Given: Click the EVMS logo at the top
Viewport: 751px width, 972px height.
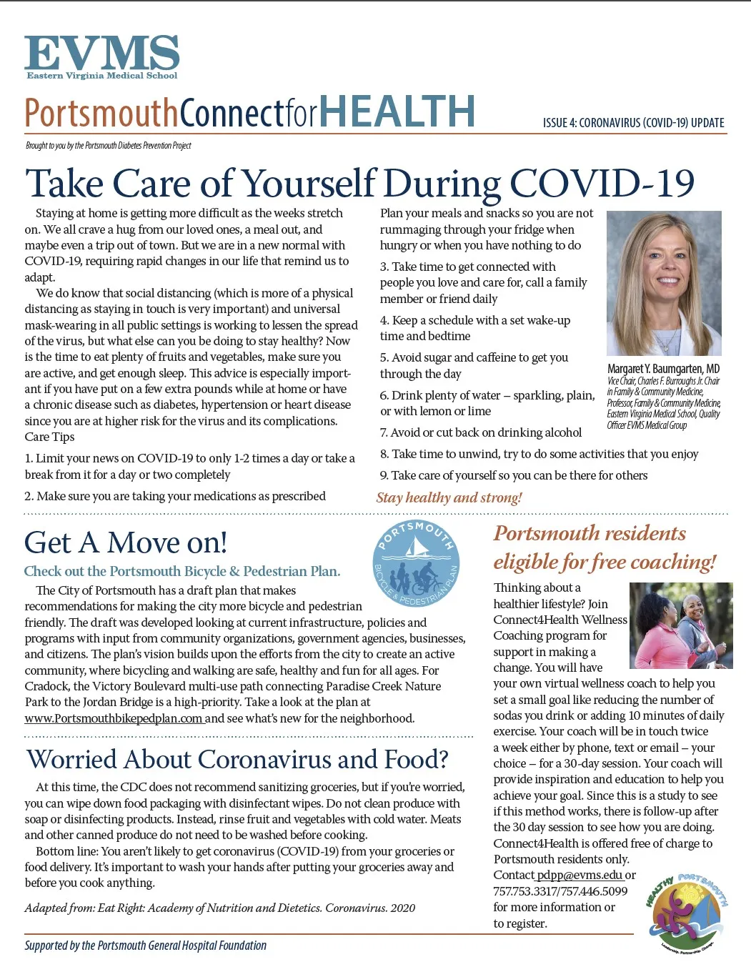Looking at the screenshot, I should point(101,56).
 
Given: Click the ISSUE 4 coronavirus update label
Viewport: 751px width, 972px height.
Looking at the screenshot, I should point(633,123).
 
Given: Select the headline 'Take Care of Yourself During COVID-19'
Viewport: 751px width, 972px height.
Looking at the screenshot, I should point(359,183).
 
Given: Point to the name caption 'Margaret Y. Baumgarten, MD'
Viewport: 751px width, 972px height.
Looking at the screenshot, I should point(663,369).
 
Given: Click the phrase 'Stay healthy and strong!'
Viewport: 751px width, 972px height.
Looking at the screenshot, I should point(449,497).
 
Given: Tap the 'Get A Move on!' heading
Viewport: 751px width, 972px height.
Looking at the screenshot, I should point(126,542).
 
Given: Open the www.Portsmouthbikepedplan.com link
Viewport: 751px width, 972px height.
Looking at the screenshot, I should point(114,718).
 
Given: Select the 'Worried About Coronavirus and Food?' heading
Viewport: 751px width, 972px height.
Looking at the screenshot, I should point(237,759).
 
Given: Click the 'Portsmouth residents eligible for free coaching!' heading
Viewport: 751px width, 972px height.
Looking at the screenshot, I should point(605,547).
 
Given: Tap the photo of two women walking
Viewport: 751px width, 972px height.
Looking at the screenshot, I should point(680,625).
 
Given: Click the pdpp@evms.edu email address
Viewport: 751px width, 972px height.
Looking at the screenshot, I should point(580,875).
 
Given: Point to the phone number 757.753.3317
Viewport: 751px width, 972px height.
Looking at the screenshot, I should point(526,891).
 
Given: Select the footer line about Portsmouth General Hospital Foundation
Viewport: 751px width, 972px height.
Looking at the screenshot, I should point(146,946).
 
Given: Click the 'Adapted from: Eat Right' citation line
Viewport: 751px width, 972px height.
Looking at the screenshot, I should point(220,908).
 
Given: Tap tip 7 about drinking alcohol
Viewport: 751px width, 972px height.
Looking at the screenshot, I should point(480,432).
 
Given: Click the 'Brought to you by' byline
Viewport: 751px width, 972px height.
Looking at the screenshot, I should point(109,146).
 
